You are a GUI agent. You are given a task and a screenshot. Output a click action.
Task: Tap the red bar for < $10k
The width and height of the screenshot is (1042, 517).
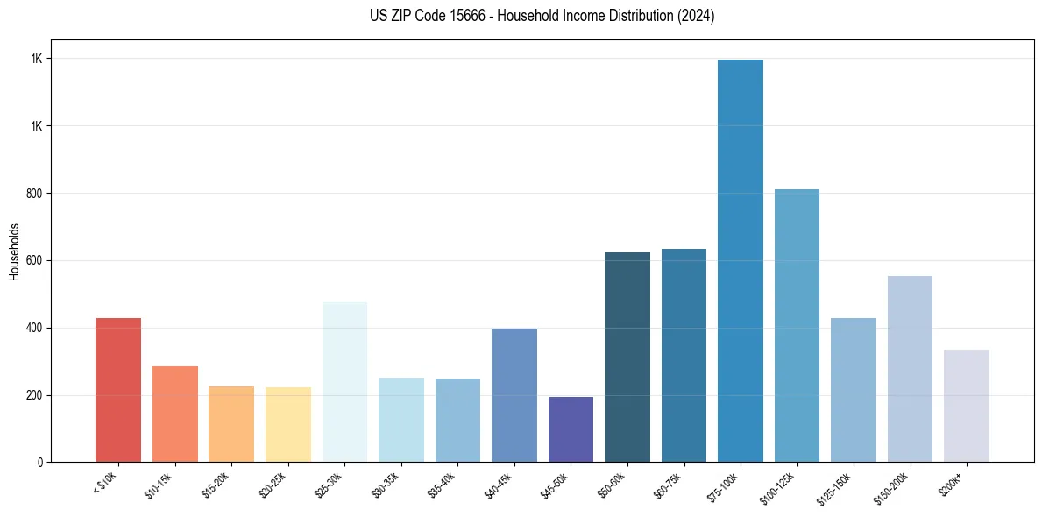118,390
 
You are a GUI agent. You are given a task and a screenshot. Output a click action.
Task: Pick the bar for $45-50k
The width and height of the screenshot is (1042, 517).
571,429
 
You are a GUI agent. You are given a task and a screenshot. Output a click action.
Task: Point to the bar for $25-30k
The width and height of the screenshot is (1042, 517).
344,382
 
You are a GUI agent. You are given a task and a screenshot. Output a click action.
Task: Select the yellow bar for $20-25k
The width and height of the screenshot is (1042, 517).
288,424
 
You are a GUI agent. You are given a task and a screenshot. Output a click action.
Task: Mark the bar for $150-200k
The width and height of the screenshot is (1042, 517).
910,369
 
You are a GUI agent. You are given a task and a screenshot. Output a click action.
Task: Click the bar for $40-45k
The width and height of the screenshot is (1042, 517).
514,395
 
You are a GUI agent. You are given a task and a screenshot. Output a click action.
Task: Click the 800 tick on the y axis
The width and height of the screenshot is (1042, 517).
34,193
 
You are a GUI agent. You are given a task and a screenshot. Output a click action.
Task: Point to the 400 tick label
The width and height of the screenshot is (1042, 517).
34,328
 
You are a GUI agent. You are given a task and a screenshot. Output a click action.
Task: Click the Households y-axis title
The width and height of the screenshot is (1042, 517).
14,251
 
